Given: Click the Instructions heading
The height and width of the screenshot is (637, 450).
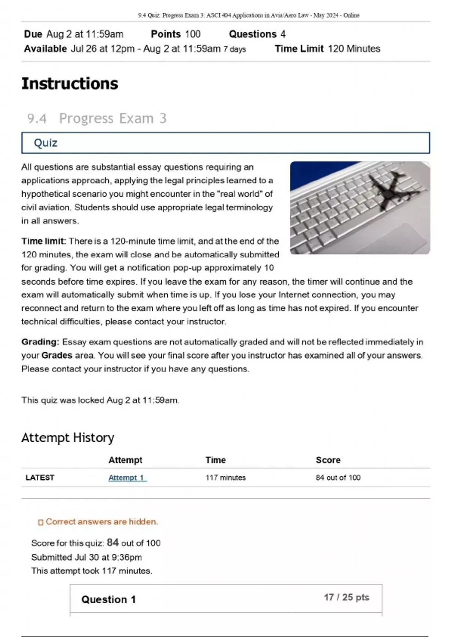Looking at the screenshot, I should pyautogui.click(x=70, y=84).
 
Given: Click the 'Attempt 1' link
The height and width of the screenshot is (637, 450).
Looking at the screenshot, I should pyautogui.click(x=127, y=477).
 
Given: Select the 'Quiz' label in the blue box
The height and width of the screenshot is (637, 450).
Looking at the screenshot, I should pyautogui.click(x=45, y=143).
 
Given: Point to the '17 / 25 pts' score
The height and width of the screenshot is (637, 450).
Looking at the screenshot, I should pyautogui.click(x=346, y=597).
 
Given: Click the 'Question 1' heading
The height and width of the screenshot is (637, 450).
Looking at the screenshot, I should pyautogui.click(x=108, y=599).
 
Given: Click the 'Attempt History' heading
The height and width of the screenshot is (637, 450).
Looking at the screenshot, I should pyautogui.click(x=67, y=437).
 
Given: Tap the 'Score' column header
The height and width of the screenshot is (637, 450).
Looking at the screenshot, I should pyautogui.click(x=328, y=460).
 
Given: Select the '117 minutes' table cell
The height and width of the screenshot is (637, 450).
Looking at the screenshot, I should pyautogui.click(x=225, y=477).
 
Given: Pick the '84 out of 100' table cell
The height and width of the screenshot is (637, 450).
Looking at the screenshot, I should pyautogui.click(x=338, y=477).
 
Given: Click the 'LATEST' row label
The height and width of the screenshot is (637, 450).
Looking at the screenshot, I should pyautogui.click(x=40, y=477).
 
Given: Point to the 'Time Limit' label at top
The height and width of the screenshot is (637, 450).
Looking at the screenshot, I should pyautogui.click(x=299, y=49).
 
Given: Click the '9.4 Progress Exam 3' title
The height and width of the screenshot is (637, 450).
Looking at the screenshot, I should pyautogui.click(x=97, y=118).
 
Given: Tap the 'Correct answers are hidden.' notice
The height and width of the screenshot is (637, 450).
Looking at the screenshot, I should pyautogui.click(x=101, y=522).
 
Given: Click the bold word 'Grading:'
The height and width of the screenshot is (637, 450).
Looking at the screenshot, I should pyautogui.click(x=40, y=342).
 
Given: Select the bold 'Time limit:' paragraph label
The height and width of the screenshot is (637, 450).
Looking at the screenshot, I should pyautogui.click(x=43, y=241).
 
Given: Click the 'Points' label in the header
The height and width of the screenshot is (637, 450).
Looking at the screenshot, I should pyautogui.click(x=166, y=34).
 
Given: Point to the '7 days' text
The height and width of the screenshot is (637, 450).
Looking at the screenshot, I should pyautogui.click(x=234, y=49).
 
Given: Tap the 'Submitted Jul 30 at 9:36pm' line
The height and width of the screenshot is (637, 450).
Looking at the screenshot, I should pyautogui.click(x=86, y=557).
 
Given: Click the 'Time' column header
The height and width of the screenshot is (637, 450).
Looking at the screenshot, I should pyautogui.click(x=215, y=460).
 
